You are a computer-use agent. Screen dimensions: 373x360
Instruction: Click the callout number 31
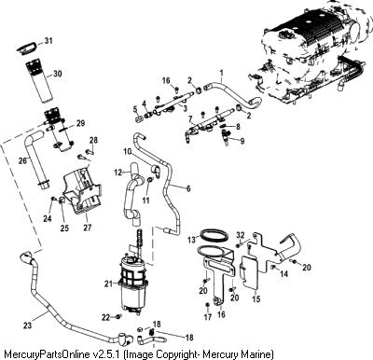point(48,41)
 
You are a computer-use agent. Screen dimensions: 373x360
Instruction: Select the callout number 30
point(58,74)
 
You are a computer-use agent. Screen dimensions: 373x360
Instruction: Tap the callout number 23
point(28,325)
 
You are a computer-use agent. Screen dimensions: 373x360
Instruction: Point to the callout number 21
point(109,284)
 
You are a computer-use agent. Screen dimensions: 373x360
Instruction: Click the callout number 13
point(192,240)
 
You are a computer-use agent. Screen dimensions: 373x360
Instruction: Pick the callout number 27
point(88,228)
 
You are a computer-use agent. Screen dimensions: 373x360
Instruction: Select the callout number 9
point(242,141)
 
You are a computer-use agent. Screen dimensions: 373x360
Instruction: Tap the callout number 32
point(241,234)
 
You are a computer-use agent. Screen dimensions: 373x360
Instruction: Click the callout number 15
point(256,299)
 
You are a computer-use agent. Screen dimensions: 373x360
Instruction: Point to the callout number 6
point(188,188)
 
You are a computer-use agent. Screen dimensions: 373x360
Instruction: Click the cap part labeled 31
point(26,48)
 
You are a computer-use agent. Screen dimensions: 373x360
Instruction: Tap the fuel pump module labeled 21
point(131,281)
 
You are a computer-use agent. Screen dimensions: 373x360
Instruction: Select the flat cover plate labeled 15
point(249,270)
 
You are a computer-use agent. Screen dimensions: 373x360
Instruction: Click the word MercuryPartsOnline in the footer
point(48,354)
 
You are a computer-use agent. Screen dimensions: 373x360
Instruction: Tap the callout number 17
point(208,317)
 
